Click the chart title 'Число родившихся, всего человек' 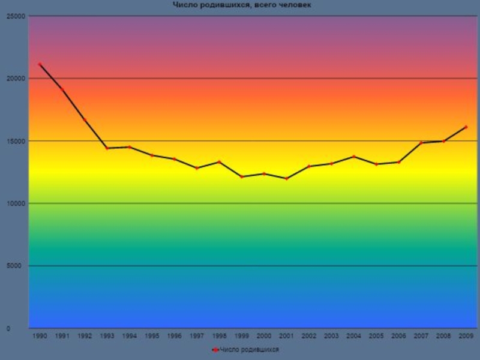point(242,5)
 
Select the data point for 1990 point(40,64)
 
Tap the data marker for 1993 point(107,148)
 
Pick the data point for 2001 point(286,179)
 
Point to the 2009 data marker point(466,127)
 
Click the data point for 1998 point(219,162)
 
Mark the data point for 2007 point(421,143)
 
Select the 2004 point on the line point(354,157)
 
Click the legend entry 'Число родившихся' point(246,349)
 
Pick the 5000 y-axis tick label point(17,266)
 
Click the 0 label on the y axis point(23,329)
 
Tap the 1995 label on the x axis point(152,337)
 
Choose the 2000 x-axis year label point(264,337)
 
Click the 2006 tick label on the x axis point(398,337)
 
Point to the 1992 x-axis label point(85,337)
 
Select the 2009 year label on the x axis point(466,337)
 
